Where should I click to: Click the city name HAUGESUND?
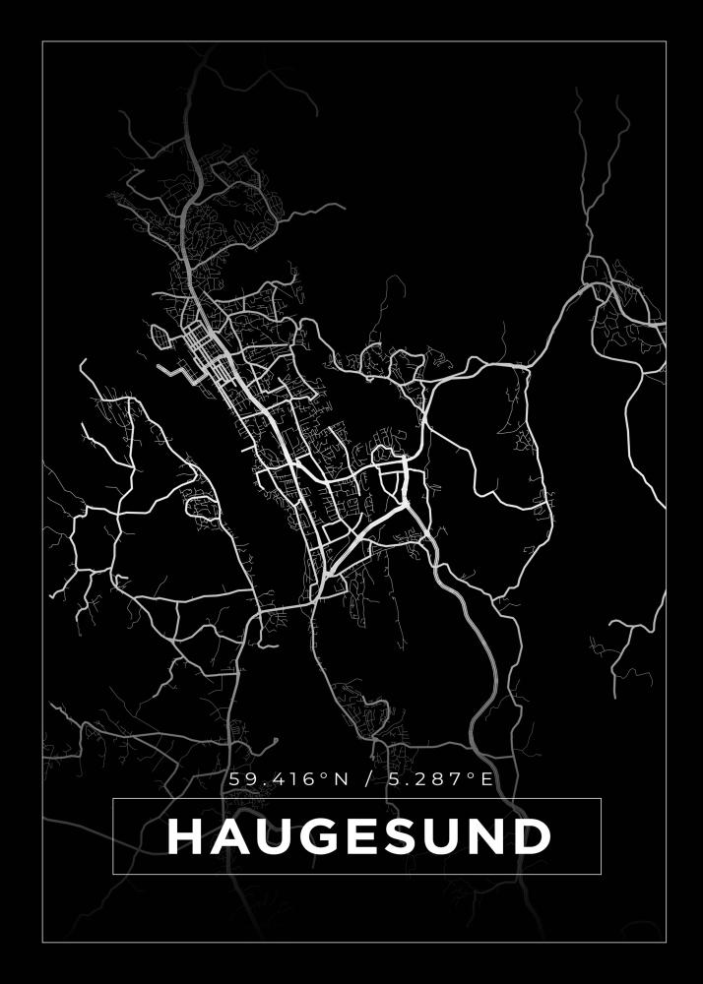tap(358, 837)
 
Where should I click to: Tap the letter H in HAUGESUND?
tap(184, 837)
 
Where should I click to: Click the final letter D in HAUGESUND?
tap(532, 837)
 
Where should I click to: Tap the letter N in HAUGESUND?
tap(486, 837)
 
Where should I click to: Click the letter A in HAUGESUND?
tap(225, 837)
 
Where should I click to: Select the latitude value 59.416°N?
tap(288, 779)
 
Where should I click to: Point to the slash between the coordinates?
tap(369, 779)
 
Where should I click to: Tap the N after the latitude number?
tap(341, 779)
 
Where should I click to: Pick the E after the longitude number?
tap(485, 779)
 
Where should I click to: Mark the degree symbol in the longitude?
tap(472, 775)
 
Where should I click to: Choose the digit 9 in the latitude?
tap(246, 779)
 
